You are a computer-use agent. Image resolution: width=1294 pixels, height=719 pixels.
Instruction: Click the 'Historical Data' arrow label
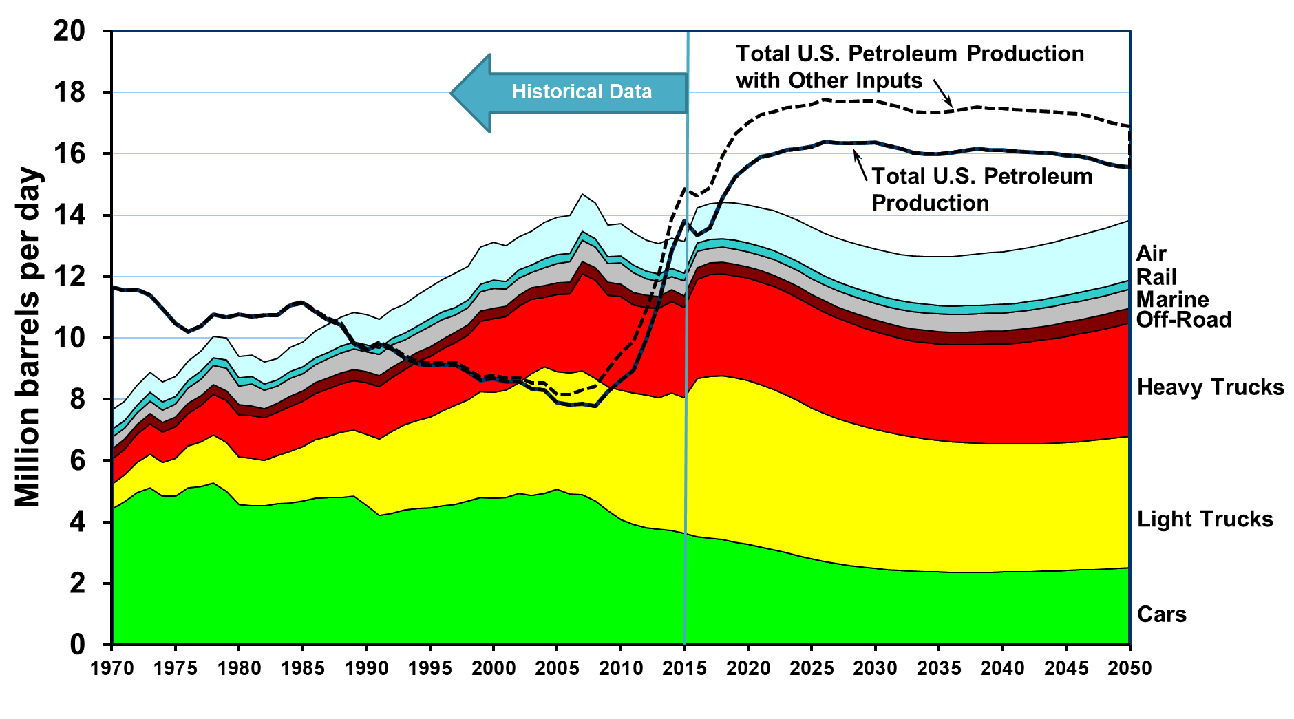pos(582,92)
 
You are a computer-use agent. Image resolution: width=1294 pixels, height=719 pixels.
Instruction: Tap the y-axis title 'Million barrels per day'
pos(28,337)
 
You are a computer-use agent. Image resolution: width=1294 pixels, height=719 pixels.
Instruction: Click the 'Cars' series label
pos(1162,614)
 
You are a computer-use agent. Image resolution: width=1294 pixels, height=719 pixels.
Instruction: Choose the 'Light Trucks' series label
pos(1205,519)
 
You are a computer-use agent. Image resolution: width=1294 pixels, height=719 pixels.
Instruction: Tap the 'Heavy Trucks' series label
pos(1210,388)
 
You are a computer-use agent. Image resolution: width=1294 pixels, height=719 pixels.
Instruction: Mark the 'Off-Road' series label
pos(1183,320)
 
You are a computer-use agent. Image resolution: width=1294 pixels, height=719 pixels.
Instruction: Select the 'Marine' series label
pos(1172,300)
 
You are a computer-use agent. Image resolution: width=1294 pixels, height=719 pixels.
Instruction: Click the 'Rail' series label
pos(1156,277)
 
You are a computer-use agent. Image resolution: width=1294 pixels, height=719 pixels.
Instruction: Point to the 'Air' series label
pos(1151,254)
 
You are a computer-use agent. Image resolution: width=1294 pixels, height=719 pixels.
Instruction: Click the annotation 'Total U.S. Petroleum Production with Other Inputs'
pos(910,67)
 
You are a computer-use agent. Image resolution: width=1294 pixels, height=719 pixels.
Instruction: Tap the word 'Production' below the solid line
pos(931,204)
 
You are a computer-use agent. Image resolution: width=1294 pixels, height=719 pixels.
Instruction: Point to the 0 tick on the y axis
pos(77,645)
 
